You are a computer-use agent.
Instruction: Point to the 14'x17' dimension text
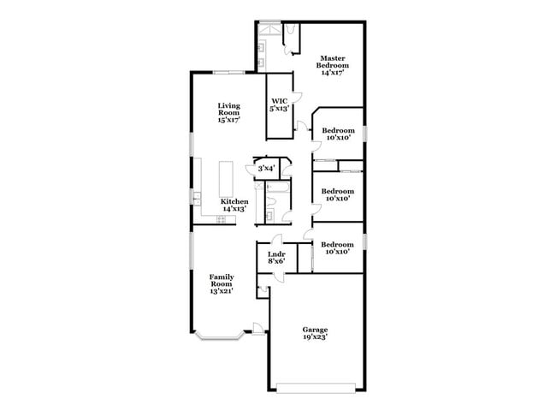coord(331,73)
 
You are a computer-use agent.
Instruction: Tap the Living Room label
coord(228,109)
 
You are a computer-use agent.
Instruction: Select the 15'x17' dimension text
coord(228,121)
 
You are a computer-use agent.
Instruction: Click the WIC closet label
coord(279,101)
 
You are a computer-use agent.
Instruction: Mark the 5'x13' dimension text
coord(279,109)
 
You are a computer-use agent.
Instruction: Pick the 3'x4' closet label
coord(266,168)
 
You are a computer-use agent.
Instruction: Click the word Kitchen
coord(234,201)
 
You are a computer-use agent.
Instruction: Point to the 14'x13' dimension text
coord(234,209)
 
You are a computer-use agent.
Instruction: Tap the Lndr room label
coord(275,254)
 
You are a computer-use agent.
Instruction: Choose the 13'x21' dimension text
coord(222,292)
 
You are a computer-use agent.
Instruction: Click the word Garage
coord(315,330)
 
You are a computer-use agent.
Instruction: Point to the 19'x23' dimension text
coord(315,337)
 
